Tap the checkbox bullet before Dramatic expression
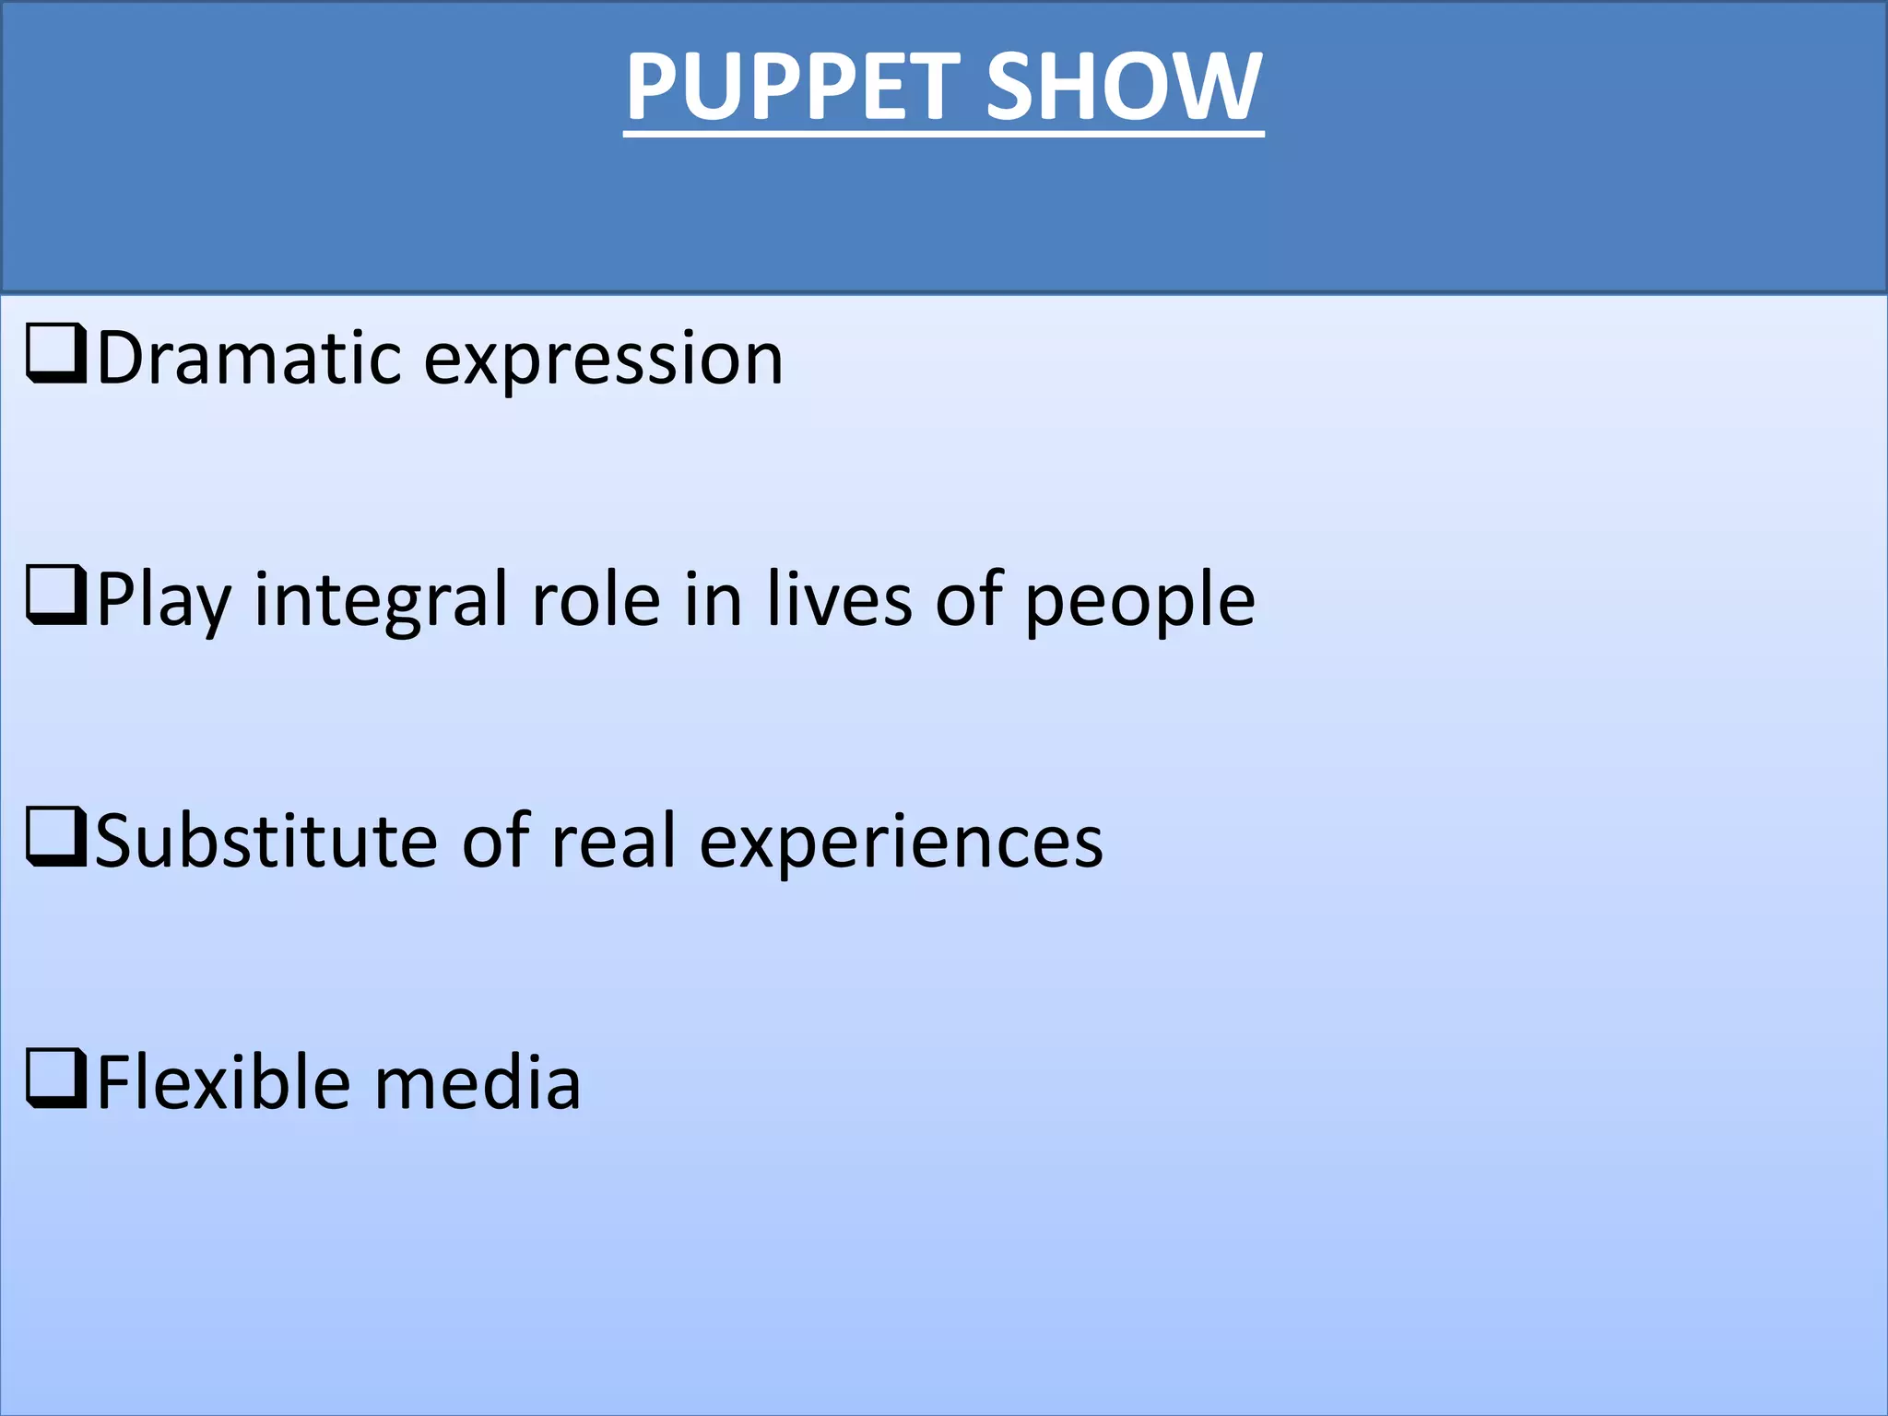(57, 353)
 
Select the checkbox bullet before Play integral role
(57, 596)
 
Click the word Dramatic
(249, 358)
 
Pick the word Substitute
(265, 841)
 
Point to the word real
(613, 841)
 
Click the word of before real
(495, 841)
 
